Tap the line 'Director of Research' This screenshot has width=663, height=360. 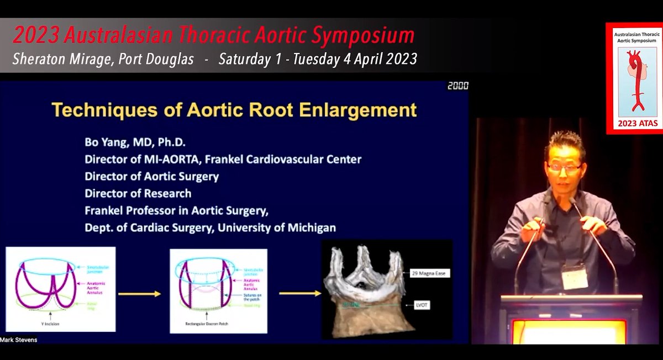[x=138, y=193]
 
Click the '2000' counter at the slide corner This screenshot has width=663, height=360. [x=458, y=86]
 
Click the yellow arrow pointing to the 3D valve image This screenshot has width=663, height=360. [x=299, y=293]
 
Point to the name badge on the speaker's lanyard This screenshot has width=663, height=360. [x=575, y=276]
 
